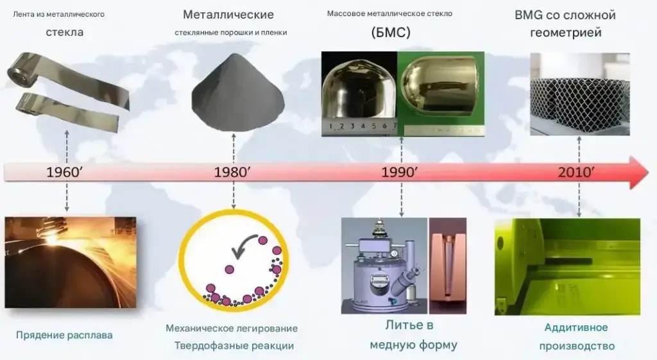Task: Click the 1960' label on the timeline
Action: coord(64,172)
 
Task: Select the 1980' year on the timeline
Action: coord(232,172)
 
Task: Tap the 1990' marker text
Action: coord(399,172)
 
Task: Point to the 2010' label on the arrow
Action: coord(576,172)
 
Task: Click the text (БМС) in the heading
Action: coord(391,32)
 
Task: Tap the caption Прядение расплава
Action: coord(64,335)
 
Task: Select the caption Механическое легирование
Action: coord(232,328)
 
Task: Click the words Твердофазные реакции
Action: coord(234,346)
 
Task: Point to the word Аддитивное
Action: coord(576,327)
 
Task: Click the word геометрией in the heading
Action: coord(566,32)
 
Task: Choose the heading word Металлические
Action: coord(228,15)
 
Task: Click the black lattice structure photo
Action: coord(580,94)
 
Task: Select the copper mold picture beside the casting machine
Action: coord(447,266)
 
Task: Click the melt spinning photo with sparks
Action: coord(71,262)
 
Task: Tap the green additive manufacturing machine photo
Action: coord(567,266)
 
